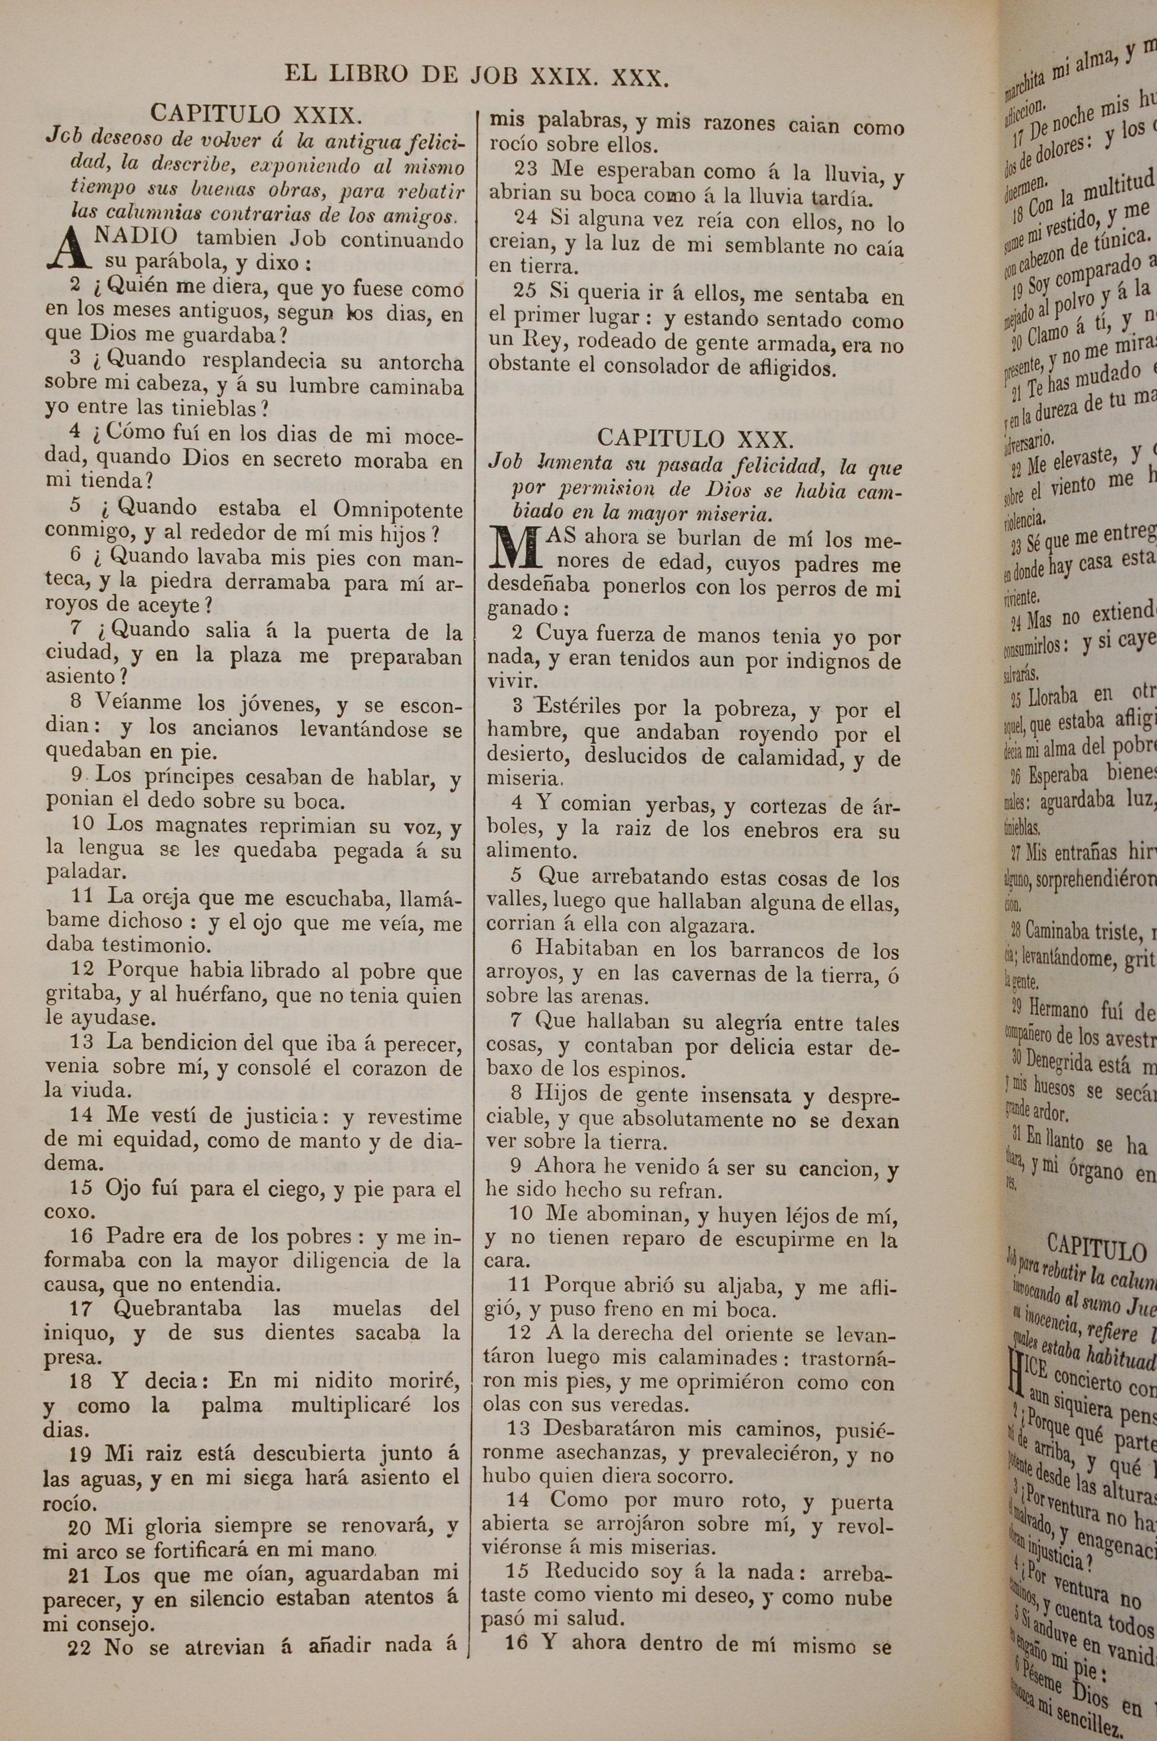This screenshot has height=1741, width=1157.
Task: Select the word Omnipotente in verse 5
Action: pyautogui.click(x=398, y=509)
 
